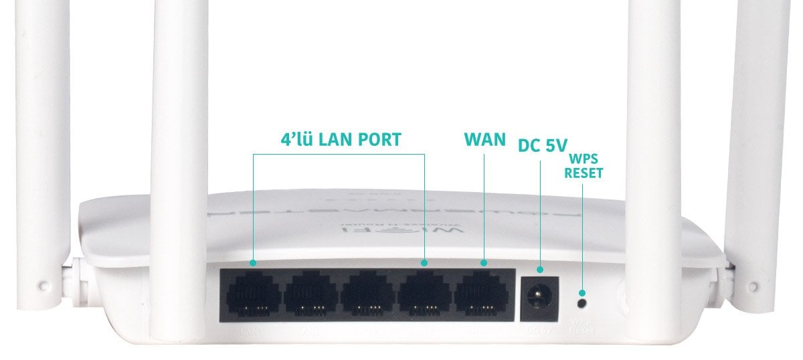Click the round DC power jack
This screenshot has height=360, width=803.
[539, 295]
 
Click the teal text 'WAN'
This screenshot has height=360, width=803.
[485, 140]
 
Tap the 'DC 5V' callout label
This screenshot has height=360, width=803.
[542, 145]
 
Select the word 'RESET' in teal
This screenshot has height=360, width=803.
[584, 173]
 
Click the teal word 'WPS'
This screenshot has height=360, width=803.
[584, 159]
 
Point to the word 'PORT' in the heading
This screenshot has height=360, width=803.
[374, 139]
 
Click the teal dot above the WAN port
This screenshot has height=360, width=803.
[484, 263]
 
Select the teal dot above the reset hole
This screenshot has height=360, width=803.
[582, 293]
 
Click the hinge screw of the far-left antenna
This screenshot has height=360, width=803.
[44, 286]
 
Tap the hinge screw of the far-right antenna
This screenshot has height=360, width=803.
[753, 286]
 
